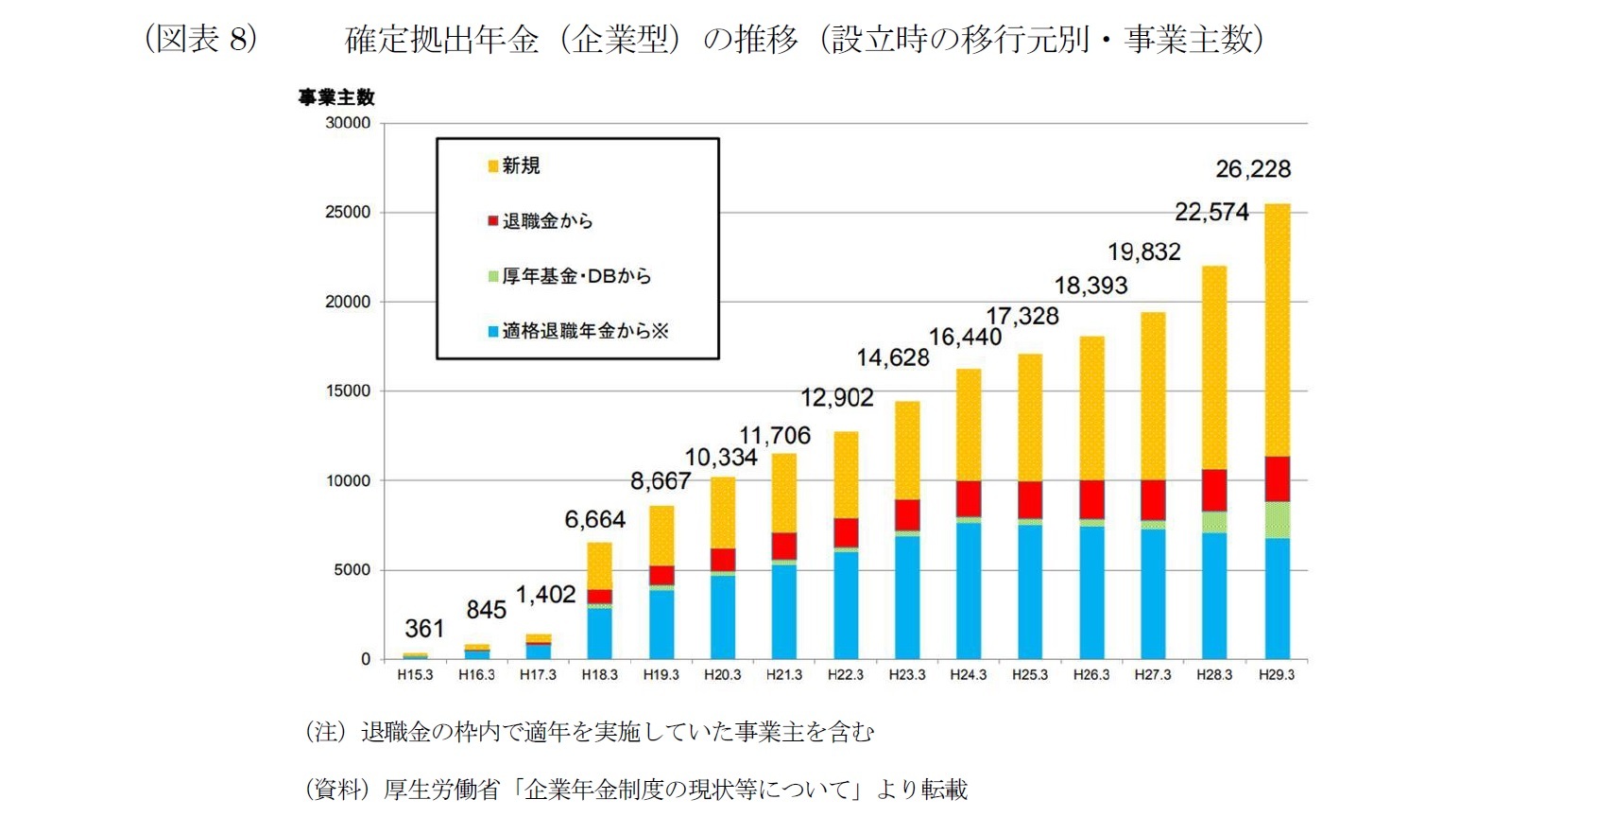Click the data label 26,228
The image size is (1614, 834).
click(1252, 169)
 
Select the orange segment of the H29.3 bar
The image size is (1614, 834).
click(1277, 331)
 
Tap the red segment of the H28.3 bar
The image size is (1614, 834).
click(1214, 490)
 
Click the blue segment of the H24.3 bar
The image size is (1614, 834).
click(969, 590)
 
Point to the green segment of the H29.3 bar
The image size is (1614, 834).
click(1277, 520)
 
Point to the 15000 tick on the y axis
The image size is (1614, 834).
click(348, 391)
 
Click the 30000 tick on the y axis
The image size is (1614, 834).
click(348, 123)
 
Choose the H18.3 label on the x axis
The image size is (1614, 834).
click(599, 675)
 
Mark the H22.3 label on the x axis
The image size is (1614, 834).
click(845, 675)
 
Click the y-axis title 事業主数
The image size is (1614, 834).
click(336, 97)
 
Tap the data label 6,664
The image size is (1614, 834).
click(594, 520)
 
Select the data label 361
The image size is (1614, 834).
click(424, 629)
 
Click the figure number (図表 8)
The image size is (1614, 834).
click(201, 39)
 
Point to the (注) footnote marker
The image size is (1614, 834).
click(325, 732)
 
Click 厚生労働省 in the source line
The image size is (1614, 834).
click(440, 790)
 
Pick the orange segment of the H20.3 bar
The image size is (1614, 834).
click(723, 513)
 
